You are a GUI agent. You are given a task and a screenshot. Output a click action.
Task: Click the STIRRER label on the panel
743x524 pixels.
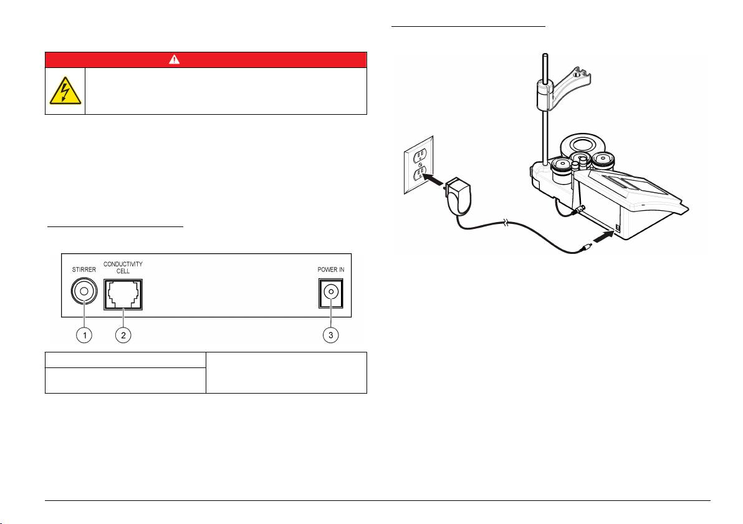[x=84, y=271]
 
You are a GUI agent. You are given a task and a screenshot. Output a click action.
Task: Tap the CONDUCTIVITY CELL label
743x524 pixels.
[x=123, y=268]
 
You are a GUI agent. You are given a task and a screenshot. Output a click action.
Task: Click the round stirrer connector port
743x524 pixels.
[x=84, y=291]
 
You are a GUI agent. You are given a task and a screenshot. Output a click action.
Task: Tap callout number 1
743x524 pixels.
[x=84, y=335]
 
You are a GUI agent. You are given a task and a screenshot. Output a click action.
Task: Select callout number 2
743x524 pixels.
[x=123, y=335]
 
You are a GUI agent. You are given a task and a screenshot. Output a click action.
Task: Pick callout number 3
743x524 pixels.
[x=331, y=335]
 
